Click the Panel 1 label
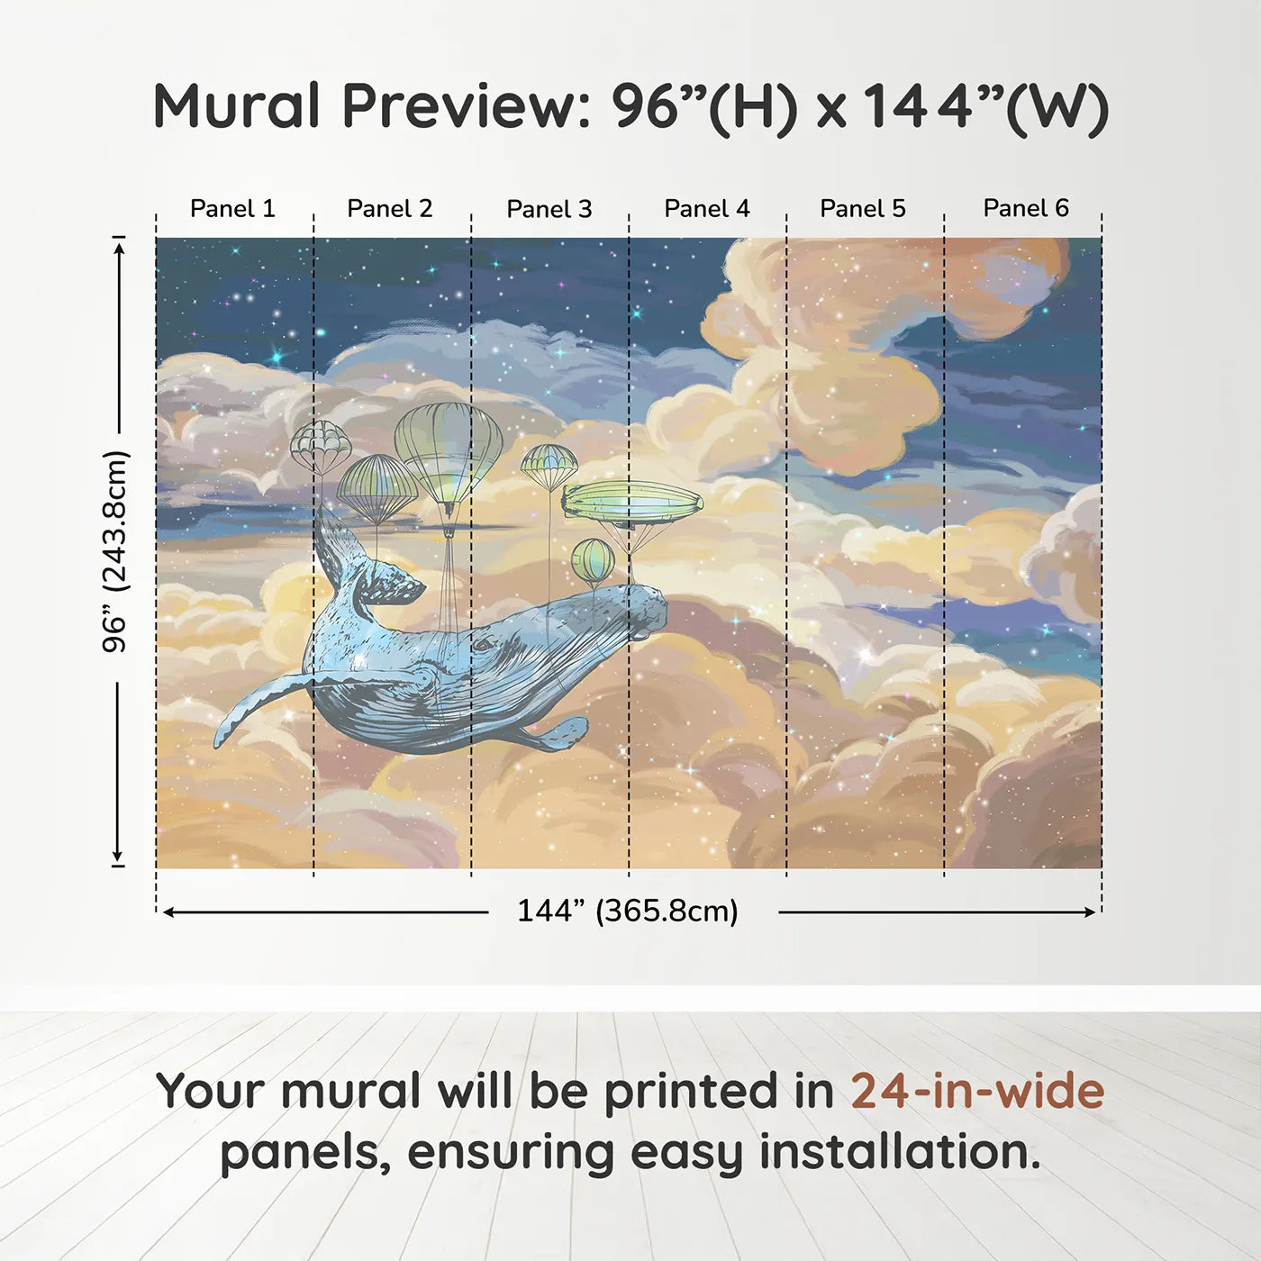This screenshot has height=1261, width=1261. pyautogui.click(x=232, y=209)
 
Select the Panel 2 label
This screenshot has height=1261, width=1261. pyautogui.click(x=390, y=209)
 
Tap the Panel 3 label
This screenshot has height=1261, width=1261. pyautogui.click(x=549, y=209)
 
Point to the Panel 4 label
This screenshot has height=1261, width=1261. pyautogui.click(x=707, y=209)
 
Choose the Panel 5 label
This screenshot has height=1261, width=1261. pyautogui.click(x=863, y=209)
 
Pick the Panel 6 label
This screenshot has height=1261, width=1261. pyautogui.click(x=1026, y=209)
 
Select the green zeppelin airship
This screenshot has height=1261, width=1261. pyautogui.click(x=633, y=503)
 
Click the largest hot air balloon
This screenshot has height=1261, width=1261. pyautogui.click(x=448, y=450)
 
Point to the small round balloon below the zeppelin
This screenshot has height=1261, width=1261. pyautogui.click(x=593, y=560)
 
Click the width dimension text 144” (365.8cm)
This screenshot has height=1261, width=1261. pyautogui.click(x=627, y=912)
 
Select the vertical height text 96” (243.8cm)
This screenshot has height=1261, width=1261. pyautogui.click(x=115, y=551)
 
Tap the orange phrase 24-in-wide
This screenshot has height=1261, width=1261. pyautogui.click(x=976, y=1092)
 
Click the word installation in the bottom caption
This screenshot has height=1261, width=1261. pyautogui.click(x=899, y=1153)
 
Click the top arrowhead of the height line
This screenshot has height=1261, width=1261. pyautogui.click(x=118, y=245)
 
